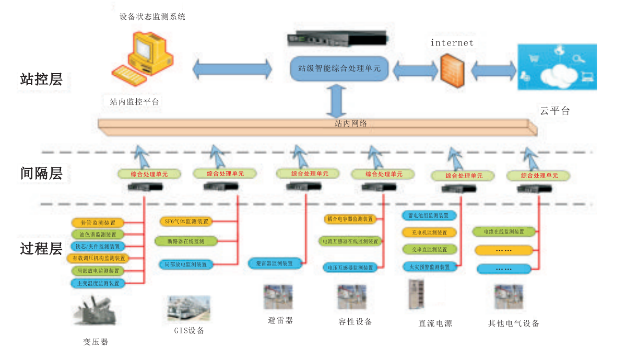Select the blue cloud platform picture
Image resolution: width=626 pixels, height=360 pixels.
coord(557,67)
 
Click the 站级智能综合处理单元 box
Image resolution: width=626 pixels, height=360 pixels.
coord(339,68)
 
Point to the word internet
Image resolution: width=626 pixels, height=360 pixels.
coord(452,43)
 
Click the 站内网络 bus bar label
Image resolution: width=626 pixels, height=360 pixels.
coord(350,124)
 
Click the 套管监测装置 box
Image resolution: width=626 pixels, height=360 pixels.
coord(98,223)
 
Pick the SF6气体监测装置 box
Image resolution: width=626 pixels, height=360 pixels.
coord(186,221)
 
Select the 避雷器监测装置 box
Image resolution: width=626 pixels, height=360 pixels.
coord(275,263)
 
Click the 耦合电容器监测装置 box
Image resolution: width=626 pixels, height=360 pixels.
coord(349,218)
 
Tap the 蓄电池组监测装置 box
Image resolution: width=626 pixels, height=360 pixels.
coord(429,215)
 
